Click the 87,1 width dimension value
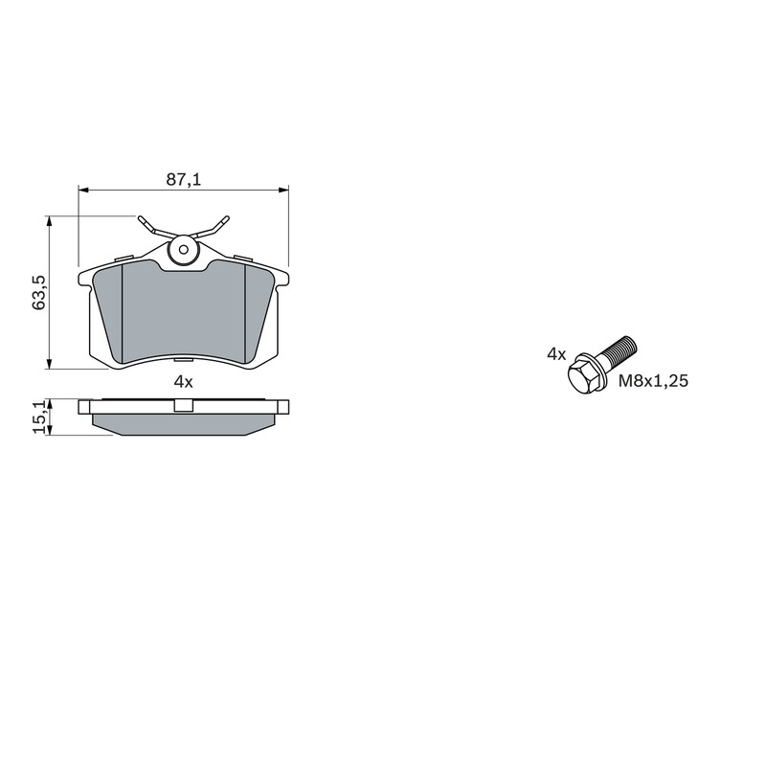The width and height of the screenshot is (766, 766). click(x=184, y=180)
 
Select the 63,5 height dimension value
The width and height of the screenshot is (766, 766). click(x=38, y=292)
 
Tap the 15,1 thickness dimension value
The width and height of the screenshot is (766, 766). click(x=40, y=417)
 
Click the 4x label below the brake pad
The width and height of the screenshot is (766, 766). click(x=184, y=382)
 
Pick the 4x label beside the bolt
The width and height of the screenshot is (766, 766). click(x=556, y=354)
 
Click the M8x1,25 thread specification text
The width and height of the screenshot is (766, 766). click(x=653, y=380)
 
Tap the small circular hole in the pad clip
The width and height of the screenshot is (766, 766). click(x=184, y=250)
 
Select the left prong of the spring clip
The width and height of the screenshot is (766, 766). click(x=153, y=227)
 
